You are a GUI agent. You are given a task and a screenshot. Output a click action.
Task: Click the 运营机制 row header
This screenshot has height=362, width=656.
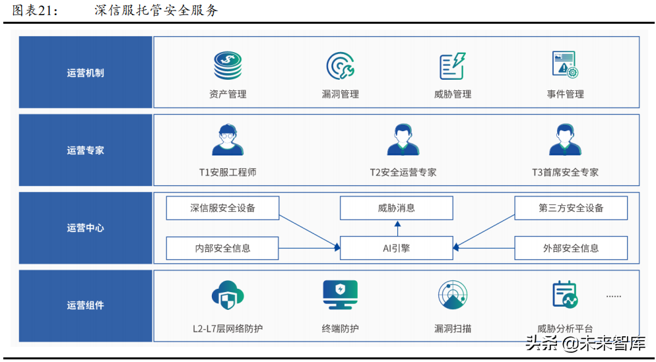tap(86, 73)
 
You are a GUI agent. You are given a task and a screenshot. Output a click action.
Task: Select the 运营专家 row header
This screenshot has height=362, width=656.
tap(86, 150)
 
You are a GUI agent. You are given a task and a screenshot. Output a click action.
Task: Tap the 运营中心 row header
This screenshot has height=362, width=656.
tap(86, 228)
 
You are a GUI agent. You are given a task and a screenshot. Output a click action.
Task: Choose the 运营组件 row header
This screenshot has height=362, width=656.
tap(86, 305)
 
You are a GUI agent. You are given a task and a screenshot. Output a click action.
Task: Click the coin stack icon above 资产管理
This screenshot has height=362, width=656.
tap(228, 66)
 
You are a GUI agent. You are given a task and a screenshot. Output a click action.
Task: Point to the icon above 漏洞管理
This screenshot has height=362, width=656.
tap(341, 66)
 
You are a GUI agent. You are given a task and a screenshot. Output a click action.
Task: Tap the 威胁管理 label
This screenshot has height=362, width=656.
tap(453, 94)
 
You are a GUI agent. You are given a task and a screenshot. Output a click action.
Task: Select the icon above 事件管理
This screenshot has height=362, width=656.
tap(565, 65)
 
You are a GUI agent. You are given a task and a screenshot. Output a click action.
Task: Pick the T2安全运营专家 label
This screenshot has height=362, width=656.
tap(403, 172)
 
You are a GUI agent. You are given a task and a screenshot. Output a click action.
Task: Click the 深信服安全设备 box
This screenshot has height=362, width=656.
tap(222, 208)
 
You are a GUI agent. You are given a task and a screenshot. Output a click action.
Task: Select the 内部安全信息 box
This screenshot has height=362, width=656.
tap(222, 249)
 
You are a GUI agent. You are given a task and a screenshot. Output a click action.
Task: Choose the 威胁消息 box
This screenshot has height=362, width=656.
tap(397, 208)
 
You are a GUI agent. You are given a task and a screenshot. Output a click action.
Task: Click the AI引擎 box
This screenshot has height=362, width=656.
tap(397, 249)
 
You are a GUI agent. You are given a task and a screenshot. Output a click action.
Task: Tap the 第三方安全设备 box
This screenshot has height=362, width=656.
tap(571, 208)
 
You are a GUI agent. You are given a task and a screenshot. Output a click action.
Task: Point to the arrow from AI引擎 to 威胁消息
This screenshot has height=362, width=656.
tap(397, 228)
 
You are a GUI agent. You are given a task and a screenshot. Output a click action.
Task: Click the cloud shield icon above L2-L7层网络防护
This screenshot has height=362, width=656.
tap(228, 295)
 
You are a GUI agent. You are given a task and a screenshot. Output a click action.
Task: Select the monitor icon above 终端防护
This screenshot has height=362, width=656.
tap(341, 295)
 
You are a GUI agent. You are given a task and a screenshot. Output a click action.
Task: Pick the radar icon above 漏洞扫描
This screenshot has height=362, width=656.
tap(453, 295)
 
